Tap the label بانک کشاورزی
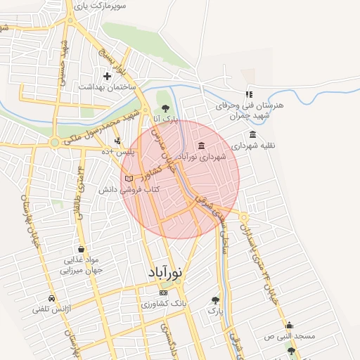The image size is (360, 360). [x=163, y=304]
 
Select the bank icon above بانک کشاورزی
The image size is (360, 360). [x=164, y=292]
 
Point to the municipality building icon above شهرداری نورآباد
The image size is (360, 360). [x=202, y=146]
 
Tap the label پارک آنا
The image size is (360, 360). [x=165, y=120]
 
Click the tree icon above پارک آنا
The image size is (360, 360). [x=165, y=108]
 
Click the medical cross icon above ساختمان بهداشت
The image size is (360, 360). [x=107, y=76]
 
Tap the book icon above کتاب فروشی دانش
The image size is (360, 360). [x=129, y=179]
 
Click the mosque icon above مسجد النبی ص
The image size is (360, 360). [x=289, y=325]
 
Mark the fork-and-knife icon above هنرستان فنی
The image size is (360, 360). [x=248, y=94]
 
